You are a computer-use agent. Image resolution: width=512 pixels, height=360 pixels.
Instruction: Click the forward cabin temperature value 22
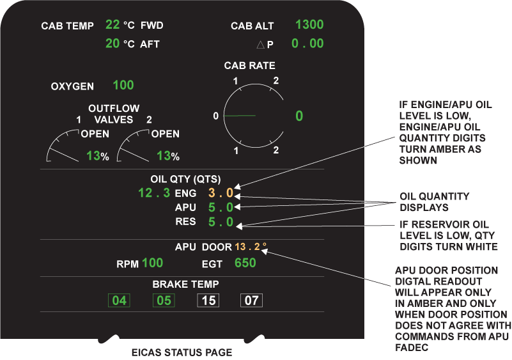tap(112, 25)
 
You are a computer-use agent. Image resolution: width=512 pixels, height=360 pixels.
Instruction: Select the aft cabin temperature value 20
tap(112, 43)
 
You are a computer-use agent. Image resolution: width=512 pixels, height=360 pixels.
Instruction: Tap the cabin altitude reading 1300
tap(309, 25)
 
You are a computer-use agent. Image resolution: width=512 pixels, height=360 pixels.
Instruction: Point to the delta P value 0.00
tap(307, 44)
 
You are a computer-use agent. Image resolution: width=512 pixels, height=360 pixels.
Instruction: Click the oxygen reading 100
tap(123, 85)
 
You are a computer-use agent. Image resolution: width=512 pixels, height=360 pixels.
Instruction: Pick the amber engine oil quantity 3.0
tap(221, 192)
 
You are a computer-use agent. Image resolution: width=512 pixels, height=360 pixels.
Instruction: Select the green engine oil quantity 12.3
tap(154, 192)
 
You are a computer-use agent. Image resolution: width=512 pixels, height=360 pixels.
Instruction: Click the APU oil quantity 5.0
tap(221, 207)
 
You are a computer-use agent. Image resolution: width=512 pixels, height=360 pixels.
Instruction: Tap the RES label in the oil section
tap(185, 223)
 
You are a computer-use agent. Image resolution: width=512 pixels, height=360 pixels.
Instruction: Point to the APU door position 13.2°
tap(251, 247)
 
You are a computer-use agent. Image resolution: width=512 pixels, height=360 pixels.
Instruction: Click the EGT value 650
tap(245, 263)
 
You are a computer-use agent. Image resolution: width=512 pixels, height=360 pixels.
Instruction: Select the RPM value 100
tap(153, 263)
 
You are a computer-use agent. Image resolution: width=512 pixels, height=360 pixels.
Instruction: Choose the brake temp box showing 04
tap(119, 300)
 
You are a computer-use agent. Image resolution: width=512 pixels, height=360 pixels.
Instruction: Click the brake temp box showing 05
tap(164, 300)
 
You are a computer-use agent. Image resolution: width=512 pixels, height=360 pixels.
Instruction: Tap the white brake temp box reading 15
tap(209, 300)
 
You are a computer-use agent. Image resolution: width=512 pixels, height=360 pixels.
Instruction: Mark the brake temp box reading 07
tap(252, 300)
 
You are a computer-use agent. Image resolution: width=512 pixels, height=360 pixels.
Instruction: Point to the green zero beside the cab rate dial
tap(299, 116)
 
